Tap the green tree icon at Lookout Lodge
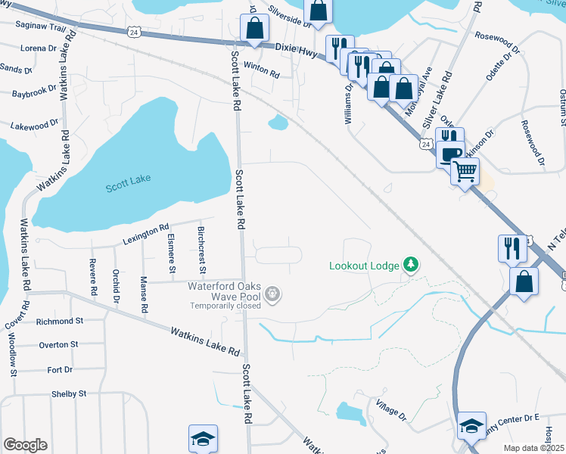click(x=411, y=264)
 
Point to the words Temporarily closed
click(x=225, y=306)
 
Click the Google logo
click(x=25, y=445)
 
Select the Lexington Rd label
click(x=146, y=234)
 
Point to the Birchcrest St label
click(x=201, y=249)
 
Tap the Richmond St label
click(x=60, y=322)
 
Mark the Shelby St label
click(x=69, y=393)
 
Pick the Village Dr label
click(x=392, y=412)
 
